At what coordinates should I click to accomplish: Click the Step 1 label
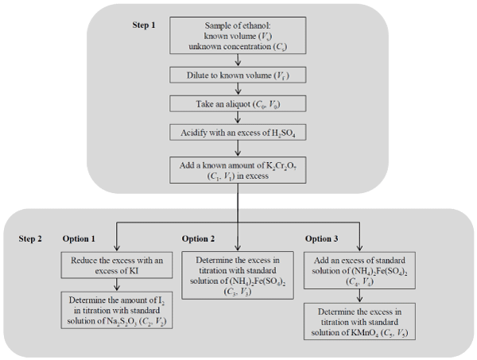pyautogui.click(x=144, y=25)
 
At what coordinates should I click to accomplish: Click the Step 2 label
pyautogui.click(x=31, y=239)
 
